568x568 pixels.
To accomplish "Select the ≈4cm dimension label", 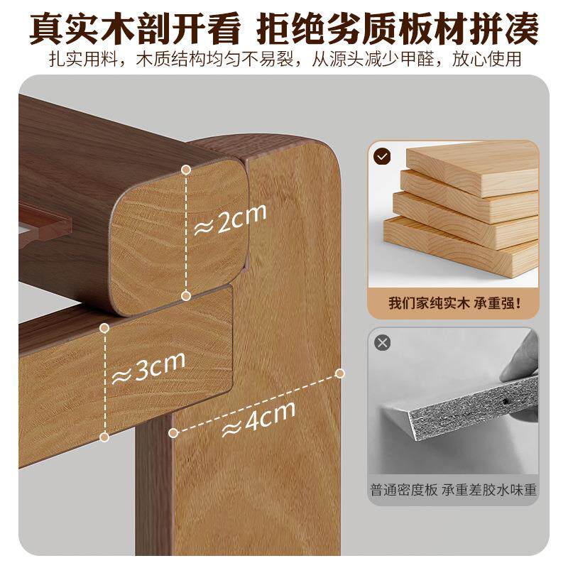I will click(x=258, y=420).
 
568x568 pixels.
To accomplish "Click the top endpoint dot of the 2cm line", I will click(x=186, y=170).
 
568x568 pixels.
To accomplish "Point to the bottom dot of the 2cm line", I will click(x=186, y=294).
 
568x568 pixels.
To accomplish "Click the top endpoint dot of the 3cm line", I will click(x=104, y=327).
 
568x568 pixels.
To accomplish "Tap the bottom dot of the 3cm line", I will click(x=104, y=437).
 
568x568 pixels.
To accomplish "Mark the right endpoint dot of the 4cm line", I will click(x=340, y=373).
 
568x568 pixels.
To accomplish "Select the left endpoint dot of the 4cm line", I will click(x=171, y=431).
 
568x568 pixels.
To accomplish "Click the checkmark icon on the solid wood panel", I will click(x=382, y=155).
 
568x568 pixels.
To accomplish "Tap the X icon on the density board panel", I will click(x=383, y=343).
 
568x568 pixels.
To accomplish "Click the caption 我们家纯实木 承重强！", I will click(x=453, y=303).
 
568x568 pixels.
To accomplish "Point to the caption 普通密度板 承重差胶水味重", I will click(x=453, y=490).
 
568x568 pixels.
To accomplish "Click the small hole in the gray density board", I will click(x=505, y=402).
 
